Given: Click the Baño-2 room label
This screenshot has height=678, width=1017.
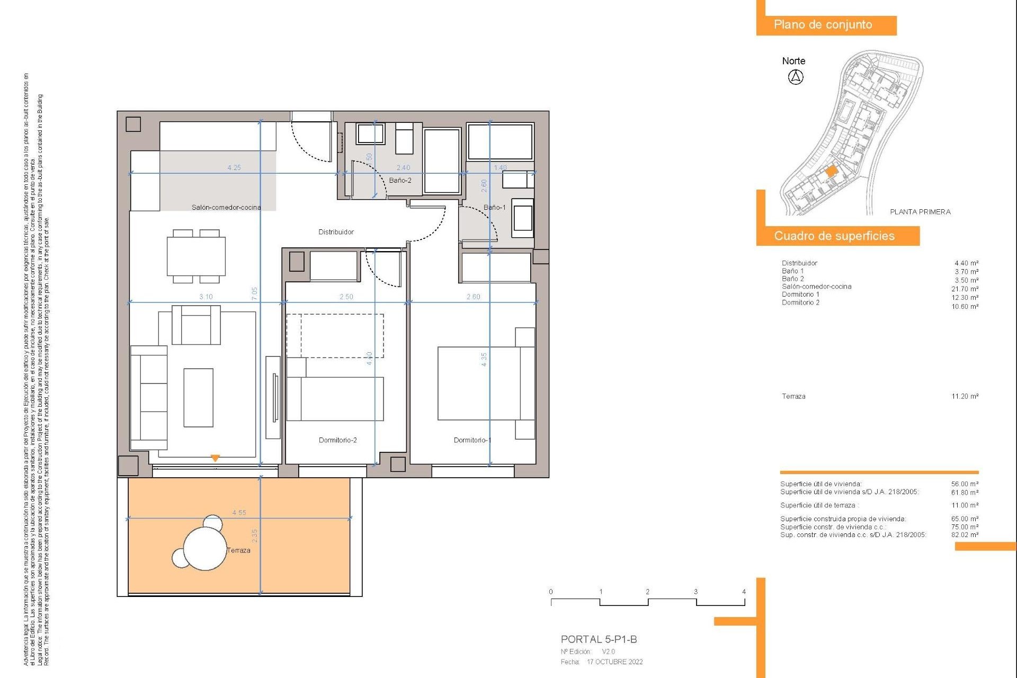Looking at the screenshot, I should coord(400,181).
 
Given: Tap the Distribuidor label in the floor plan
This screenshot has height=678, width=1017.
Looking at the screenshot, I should coord(336,232).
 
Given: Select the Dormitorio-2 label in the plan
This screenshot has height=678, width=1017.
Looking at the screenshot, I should coord(337,440).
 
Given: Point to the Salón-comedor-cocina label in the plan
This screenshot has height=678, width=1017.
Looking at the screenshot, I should coord(226,207).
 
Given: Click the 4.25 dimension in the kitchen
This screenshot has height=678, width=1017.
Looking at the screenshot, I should coord(234,167).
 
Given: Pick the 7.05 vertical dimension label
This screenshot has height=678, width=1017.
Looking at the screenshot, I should coord(255,294).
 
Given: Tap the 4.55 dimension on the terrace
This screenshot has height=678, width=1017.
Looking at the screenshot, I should coord(239,513).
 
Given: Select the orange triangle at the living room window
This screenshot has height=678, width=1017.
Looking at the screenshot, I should coord(215,458).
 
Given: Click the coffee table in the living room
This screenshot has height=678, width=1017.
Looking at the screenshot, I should coord(198,398).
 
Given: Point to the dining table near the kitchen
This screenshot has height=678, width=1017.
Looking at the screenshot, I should coord(196,256).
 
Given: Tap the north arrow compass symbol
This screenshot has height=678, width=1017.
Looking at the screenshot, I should coord(796,77).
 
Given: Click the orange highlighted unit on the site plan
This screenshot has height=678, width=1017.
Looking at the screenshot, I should coord(831,171).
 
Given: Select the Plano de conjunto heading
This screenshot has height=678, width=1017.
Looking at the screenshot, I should coord(823,25).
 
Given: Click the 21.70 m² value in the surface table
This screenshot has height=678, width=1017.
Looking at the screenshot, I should coord(965,289).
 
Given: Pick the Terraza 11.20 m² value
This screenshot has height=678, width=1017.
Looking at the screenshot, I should coord(965,397).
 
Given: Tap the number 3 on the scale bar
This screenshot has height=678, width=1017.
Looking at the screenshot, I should coord(695,592).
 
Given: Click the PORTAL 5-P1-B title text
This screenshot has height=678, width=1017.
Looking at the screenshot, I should coord(599,639).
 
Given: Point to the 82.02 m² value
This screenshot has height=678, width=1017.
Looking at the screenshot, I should coord(965,535).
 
